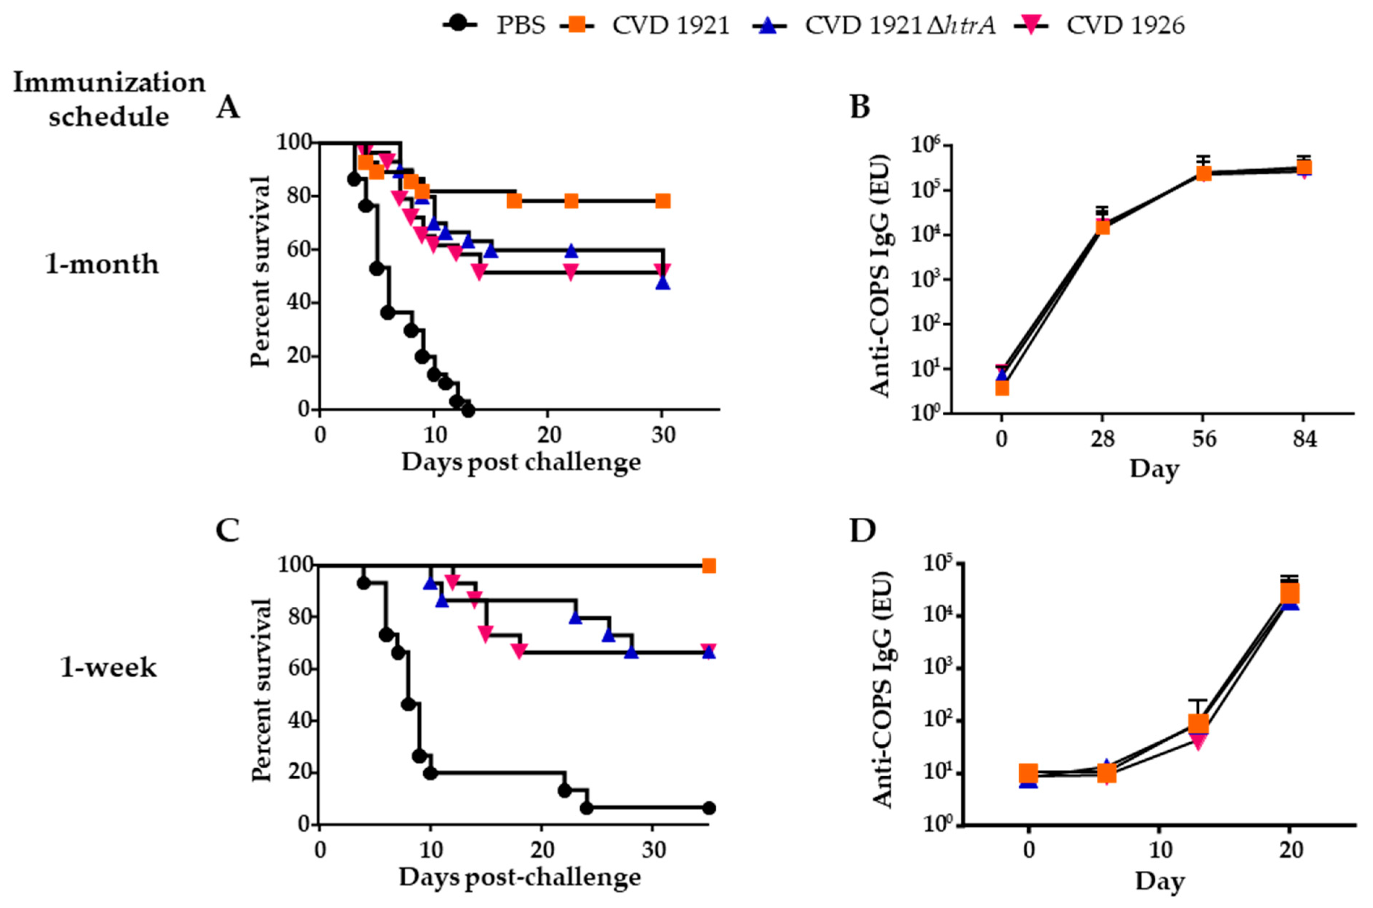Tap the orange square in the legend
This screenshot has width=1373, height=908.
tap(576, 25)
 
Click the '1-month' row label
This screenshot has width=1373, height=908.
tap(102, 264)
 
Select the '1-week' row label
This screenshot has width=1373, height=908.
tap(108, 668)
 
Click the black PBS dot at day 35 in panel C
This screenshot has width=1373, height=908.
tap(708, 808)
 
